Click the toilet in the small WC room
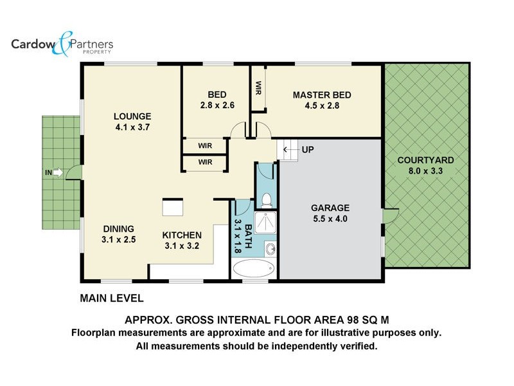click(x=266, y=200)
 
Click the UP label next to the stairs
click(x=308, y=150)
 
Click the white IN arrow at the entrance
click(x=58, y=172)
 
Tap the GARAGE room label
click(x=330, y=208)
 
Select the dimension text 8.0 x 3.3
click(x=425, y=171)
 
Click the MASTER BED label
click(x=322, y=95)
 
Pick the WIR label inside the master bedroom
click(x=258, y=87)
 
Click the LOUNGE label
click(x=132, y=116)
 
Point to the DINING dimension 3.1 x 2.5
click(x=118, y=240)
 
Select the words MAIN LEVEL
click(x=111, y=299)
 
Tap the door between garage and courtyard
click(x=390, y=215)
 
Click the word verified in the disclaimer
click(x=357, y=346)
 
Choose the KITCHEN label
click(x=182, y=235)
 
